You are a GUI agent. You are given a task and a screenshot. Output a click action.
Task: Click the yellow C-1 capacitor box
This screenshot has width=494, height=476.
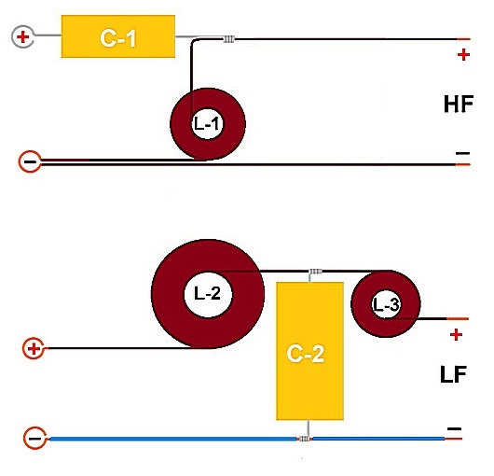click(118, 36)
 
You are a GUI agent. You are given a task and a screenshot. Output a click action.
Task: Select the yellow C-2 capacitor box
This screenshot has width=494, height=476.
click(309, 351)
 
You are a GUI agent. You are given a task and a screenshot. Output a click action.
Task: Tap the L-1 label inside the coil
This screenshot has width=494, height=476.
click(207, 124)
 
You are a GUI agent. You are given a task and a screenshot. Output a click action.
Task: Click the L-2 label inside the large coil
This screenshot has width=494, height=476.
click(207, 293)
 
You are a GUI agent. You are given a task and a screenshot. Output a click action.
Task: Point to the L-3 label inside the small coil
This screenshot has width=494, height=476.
click(386, 305)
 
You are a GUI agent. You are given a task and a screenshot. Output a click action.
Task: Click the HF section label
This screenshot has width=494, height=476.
click(459, 105)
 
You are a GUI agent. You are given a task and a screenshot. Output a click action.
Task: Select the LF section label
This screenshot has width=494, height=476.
click(453, 374)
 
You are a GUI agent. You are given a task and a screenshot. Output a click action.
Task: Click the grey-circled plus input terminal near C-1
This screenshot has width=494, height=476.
click(22, 37)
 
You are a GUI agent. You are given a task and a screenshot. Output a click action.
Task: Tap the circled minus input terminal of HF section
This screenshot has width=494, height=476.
click(30, 161)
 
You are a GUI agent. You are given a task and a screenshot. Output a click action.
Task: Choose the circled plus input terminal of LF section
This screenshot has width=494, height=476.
click(34, 348)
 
